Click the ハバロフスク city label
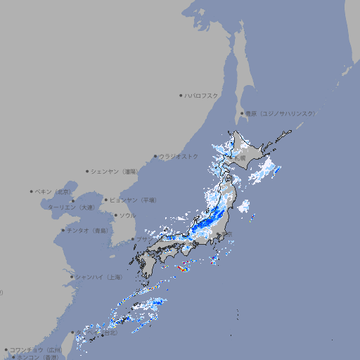coord(202,95)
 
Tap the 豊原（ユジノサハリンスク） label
coord(280,113)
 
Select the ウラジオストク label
coord(179,156)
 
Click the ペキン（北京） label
coord(53,191)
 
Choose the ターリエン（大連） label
coord(70,207)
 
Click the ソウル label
coord(127,215)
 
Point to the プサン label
coord(142,239)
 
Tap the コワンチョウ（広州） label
coord(36,349)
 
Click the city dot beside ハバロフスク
coord(181,95)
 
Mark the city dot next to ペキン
coord(32,191)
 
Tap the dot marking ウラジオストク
coord(155,156)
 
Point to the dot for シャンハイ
coord(72,277)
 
